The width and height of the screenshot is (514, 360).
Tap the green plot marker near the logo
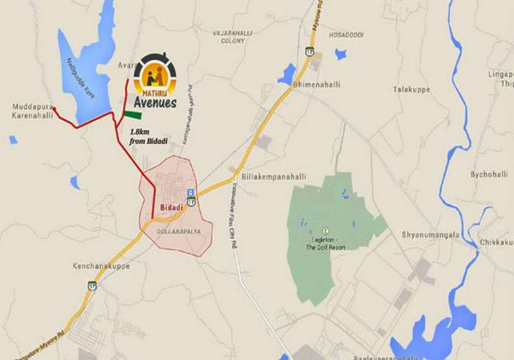[x=133, y=114]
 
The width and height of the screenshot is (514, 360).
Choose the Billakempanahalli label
[x=274, y=175]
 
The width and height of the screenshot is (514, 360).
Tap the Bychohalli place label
[x=489, y=173]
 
